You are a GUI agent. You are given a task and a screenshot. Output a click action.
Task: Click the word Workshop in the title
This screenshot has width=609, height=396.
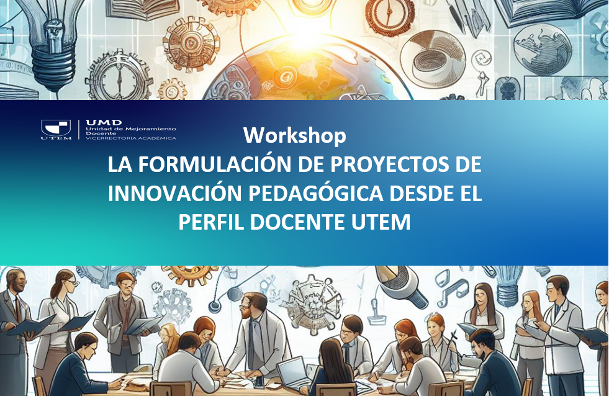point(294,135)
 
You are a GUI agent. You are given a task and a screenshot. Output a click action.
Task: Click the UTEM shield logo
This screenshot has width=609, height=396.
point(56,128)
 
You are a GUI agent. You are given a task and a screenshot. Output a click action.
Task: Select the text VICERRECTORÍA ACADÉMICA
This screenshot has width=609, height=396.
point(131,137)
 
